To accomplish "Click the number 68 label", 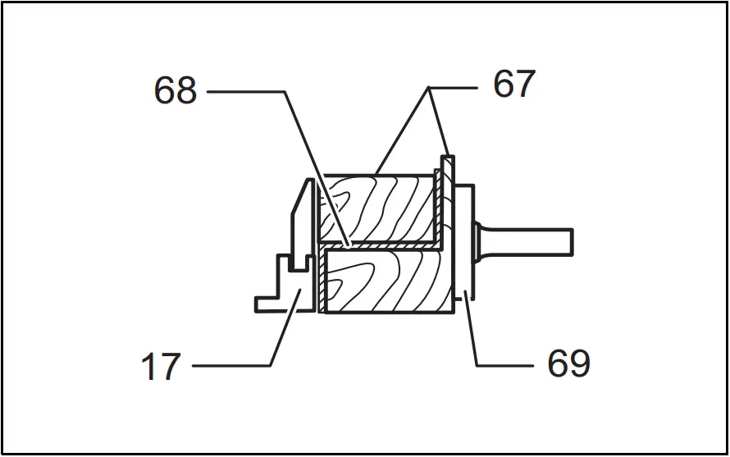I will [x=176, y=91].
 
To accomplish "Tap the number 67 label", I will [x=514, y=85].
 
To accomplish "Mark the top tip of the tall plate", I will [x=447, y=155].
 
